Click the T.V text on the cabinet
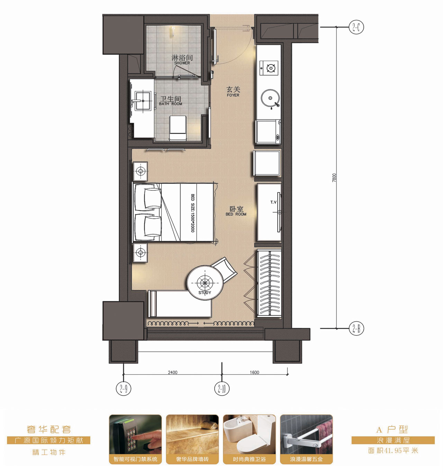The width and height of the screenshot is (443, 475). tap(273, 202)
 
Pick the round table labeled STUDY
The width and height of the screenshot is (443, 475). tap(205, 283)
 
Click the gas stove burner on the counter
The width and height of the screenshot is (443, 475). tap(271, 68)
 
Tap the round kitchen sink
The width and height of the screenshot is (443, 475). tap(270, 98)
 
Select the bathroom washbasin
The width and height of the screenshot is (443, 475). tap(143, 101)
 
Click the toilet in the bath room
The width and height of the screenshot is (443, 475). tap(178, 127)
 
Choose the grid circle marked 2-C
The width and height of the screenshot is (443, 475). tap(356, 27)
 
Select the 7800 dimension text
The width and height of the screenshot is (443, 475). tap(334, 178)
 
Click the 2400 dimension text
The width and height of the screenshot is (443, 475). tap(172, 372)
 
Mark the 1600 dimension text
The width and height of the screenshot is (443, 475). tap(254, 372)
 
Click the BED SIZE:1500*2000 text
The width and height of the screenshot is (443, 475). tap(192, 213)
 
